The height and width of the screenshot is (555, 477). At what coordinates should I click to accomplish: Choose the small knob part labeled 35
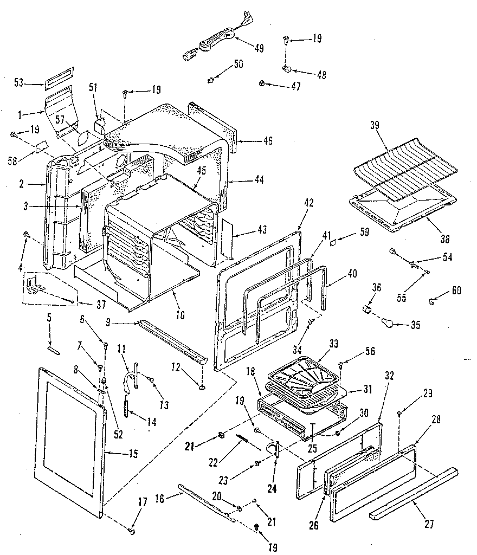tap(388, 324)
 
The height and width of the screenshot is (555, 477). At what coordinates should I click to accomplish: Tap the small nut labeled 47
tap(262, 83)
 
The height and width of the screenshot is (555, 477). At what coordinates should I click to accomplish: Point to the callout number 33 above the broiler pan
tap(333, 343)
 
